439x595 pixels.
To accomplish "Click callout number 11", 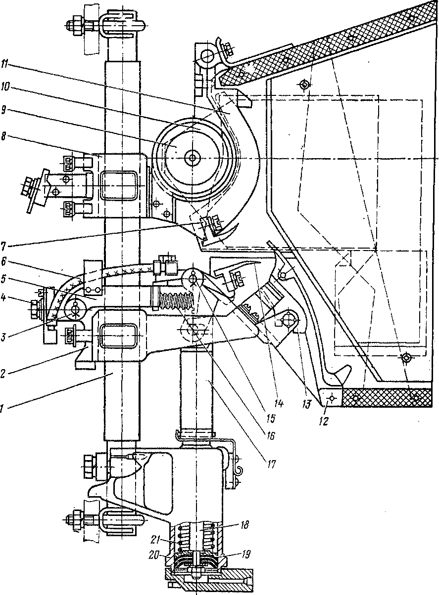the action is pos(4,65).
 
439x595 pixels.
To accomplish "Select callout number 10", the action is pos(4,87).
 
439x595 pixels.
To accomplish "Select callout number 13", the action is pos(306,405).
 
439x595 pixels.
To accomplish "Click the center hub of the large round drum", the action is pos(192,158).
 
